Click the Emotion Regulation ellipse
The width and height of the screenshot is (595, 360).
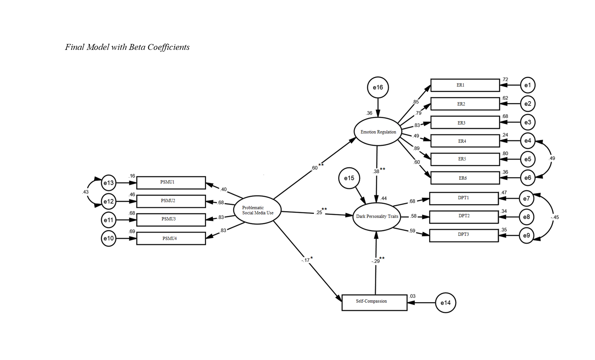tap(378, 132)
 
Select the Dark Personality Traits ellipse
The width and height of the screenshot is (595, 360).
tap(377, 217)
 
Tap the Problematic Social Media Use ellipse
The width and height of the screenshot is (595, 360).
tap(257, 210)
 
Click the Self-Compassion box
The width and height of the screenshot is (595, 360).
tap(374, 302)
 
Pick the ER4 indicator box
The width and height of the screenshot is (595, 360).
tap(465, 141)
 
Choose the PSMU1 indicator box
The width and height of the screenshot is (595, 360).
tap(171, 183)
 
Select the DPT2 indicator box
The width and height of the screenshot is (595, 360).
tap(464, 217)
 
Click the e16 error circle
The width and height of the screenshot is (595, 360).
tap(378, 88)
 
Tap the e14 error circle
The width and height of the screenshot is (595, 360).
tap(445, 303)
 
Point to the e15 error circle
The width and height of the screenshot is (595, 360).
tap(349, 178)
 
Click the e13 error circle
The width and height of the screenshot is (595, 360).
tap(108, 183)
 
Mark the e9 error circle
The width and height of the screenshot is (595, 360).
tap(526, 235)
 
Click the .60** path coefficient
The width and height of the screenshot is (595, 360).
tap(317, 167)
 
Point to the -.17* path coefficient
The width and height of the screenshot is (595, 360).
tap(307, 260)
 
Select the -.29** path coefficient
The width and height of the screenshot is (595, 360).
tap(378, 261)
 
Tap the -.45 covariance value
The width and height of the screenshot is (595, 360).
tap(554, 217)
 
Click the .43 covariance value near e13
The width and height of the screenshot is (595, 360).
tap(85, 192)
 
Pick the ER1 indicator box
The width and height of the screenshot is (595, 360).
tap(465, 85)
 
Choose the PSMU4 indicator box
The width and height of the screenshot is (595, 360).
tap(171, 238)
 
